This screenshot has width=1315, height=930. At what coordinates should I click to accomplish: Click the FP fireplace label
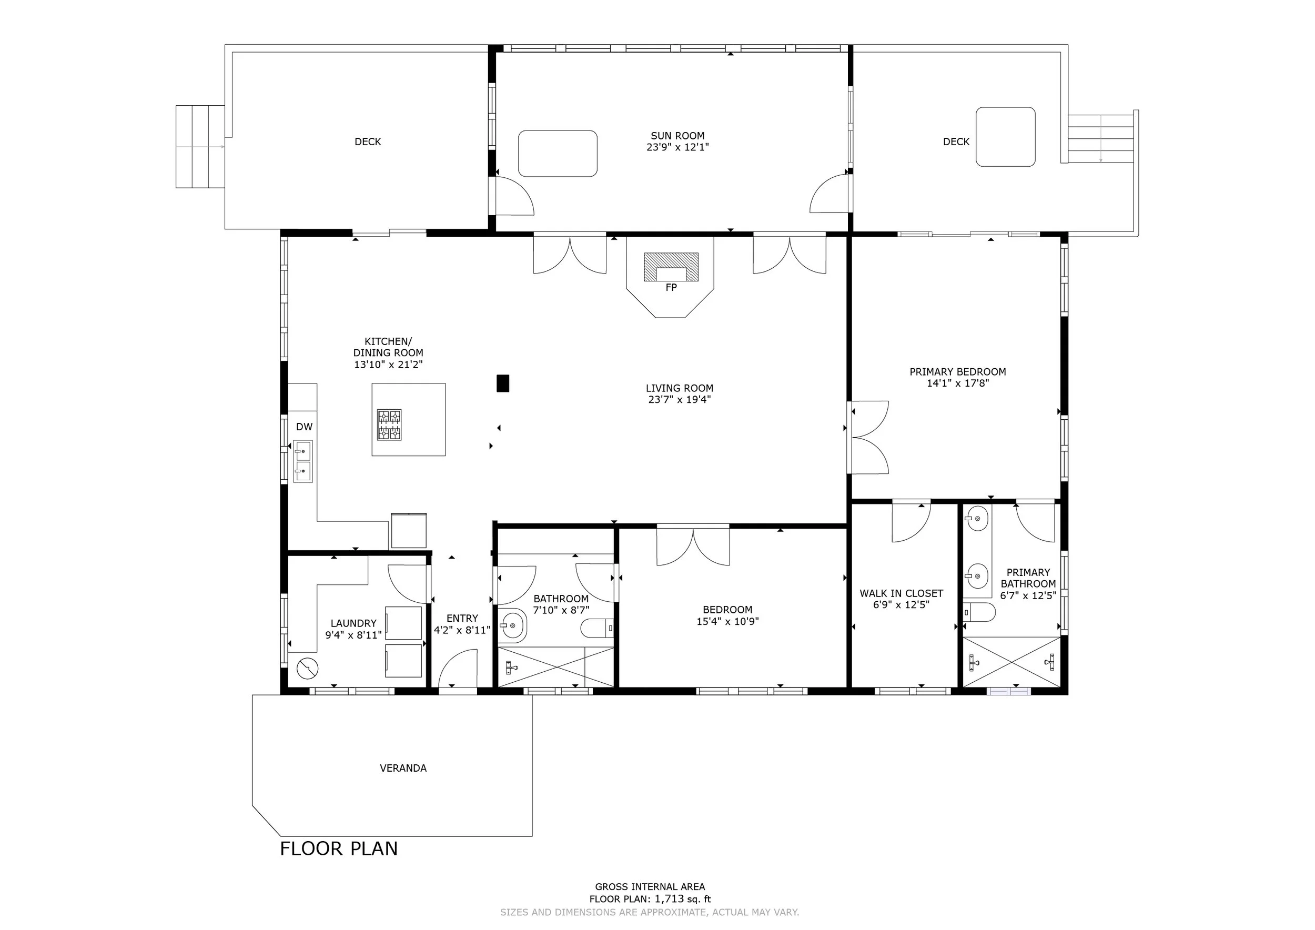(x=671, y=288)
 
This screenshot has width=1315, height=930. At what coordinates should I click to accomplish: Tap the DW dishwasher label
(x=304, y=427)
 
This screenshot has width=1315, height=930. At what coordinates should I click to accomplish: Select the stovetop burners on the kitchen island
(x=389, y=424)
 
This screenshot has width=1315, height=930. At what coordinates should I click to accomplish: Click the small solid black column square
(x=503, y=383)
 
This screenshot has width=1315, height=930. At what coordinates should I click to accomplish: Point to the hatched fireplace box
(x=671, y=267)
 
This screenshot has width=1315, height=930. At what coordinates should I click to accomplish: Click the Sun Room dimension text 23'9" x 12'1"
(x=677, y=147)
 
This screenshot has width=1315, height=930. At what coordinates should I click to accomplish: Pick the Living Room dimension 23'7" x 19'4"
(x=679, y=399)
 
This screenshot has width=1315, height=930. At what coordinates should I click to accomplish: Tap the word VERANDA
(x=403, y=768)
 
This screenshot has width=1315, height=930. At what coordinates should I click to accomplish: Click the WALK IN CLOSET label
(x=901, y=593)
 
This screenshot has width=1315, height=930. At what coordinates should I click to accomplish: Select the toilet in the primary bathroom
(x=979, y=612)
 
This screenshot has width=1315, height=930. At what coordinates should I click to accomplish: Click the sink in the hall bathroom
(x=513, y=625)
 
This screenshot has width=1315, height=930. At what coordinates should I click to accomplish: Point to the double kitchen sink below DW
(x=303, y=461)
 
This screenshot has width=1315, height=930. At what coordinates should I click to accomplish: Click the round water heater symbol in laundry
(x=308, y=668)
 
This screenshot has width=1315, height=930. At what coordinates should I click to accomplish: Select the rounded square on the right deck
(x=1005, y=137)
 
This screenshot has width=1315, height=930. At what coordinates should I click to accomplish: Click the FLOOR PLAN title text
(x=339, y=848)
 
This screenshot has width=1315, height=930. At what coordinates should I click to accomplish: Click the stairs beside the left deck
(x=200, y=147)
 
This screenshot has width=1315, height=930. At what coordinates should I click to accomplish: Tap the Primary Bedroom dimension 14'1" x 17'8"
(x=958, y=383)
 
